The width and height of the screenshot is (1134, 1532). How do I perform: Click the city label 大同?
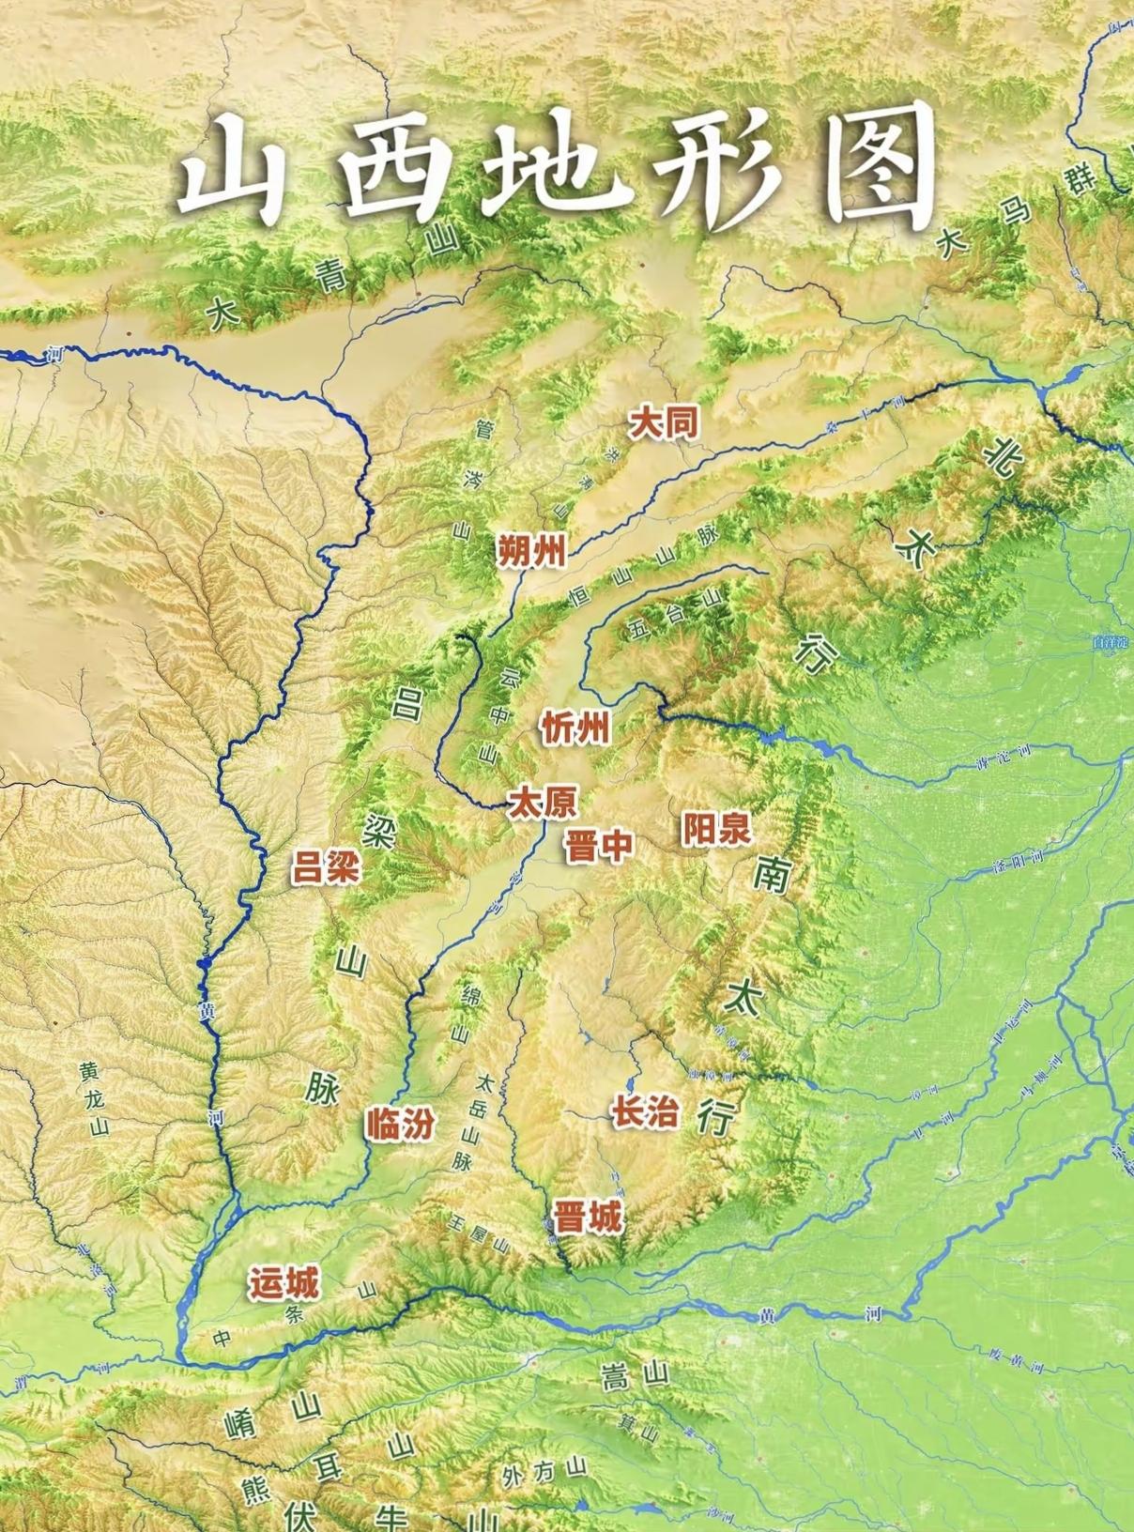(664, 423)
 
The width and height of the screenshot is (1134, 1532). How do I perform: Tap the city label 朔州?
(531, 550)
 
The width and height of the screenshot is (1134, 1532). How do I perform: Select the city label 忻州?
(575, 728)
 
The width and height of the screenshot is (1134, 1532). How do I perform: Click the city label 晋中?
(598, 846)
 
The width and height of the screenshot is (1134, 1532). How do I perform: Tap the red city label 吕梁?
(326, 867)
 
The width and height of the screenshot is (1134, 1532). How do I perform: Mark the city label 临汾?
(401, 1124)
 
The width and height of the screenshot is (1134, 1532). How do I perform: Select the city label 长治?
(645, 1112)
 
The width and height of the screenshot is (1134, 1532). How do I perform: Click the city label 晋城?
(587, 1218)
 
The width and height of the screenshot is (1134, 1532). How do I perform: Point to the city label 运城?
(283, 1282)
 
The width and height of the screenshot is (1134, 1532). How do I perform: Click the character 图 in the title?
(882, 169)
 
